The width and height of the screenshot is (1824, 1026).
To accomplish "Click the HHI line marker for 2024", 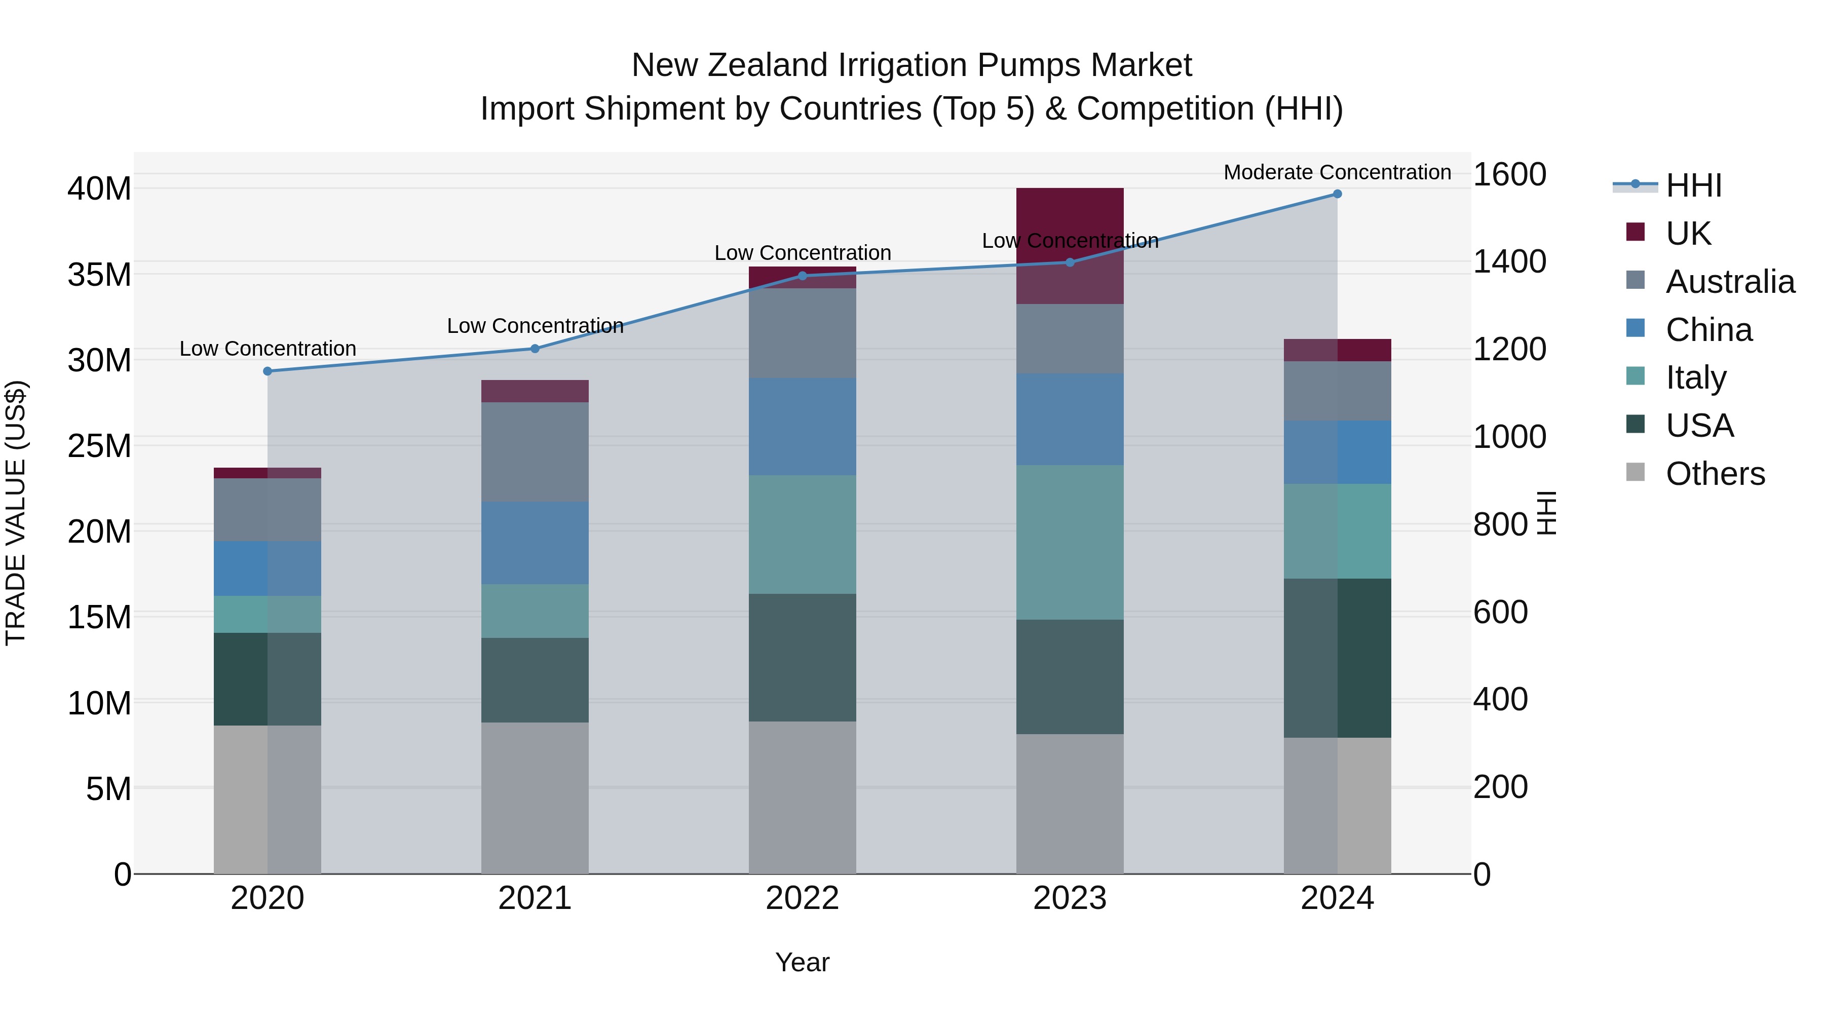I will [x=1337, y=194].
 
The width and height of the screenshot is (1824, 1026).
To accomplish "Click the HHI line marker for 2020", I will [x=268, y=371].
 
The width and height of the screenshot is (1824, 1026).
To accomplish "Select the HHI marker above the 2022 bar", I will [x=802, y=276].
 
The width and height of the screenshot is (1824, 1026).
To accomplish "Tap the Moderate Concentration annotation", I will [x=1337, y=172].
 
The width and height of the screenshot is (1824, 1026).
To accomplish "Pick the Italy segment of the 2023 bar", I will [x=1069, y=542].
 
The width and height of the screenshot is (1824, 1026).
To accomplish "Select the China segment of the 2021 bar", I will [x=535, y=543].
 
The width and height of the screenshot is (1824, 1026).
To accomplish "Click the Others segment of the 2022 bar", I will [x=802, y=797].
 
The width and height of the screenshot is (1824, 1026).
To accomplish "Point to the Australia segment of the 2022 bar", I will [x=802, y=333].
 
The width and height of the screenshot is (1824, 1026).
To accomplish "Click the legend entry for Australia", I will [x=1730, y=282].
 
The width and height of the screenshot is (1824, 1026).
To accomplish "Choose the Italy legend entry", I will [x=1696, y=377].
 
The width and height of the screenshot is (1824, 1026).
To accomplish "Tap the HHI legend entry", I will [x=1693, y=185].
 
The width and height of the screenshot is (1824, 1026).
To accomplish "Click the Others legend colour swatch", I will [x=1635, y=472].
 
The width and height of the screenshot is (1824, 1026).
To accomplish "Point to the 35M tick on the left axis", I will [x=99, y=275].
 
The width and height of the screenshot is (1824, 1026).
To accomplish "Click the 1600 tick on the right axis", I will [x=1509, y=175].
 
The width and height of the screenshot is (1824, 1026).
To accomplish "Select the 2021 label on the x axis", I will [x=535, y=898].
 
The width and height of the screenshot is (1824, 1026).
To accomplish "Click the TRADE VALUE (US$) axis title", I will [x=16, y=513].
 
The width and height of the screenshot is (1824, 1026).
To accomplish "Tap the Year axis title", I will [x=802, y=962].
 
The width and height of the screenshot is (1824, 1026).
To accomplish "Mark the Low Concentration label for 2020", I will [x=268, y=349].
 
